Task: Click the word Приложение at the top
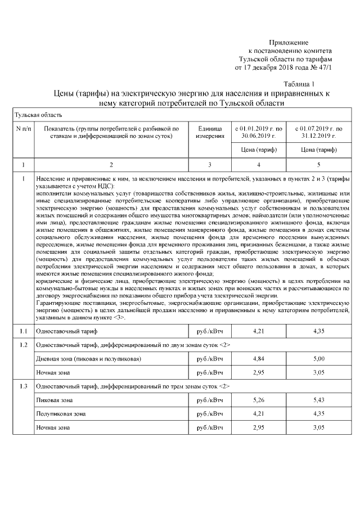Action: (x=289, y=42)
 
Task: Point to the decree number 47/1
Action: (x=326, y=67)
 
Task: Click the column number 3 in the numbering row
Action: (x=210, y=165)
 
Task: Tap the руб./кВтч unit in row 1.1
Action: (x=210, y=331)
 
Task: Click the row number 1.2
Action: (x=23, y=344)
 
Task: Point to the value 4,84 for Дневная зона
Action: (x=258, y=358)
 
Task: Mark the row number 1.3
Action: (x=23, y=386)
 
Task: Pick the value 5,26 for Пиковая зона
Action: (x=258, y=400)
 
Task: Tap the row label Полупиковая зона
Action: (x=61, y=414)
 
